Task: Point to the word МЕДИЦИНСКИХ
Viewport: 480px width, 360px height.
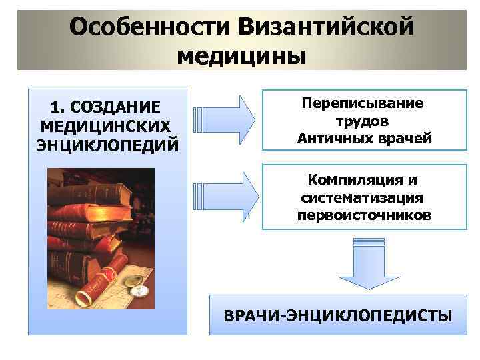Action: click(x=105, y=125)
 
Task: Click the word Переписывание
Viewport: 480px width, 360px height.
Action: click(x=363, y=104)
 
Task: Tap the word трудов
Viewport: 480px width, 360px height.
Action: click(x=363, y=121)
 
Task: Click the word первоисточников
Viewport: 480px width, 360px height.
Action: click(x=364, y=216)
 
